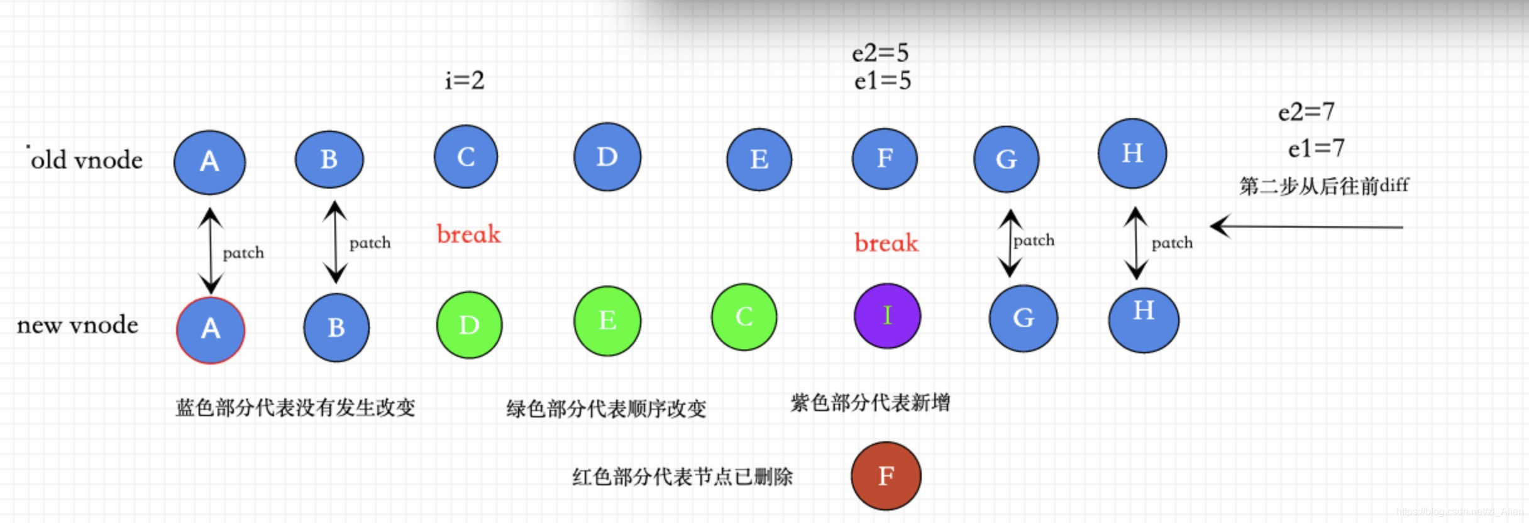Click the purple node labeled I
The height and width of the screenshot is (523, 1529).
pos(887,316)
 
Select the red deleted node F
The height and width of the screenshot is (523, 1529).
pos(886,476)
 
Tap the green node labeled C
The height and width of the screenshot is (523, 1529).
pos(744,317)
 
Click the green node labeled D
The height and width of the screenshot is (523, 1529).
pos(469,325)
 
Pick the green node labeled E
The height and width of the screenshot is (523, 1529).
pos(607,321)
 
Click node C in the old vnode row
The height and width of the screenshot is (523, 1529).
pos(465,157)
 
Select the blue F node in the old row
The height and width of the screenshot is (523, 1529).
pos(884,158)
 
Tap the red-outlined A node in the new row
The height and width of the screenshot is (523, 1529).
pos(211,330)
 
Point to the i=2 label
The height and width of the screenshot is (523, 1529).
pos(465,80)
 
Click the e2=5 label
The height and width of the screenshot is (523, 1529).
pos(880,53)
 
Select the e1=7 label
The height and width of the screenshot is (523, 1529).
pos(1315,148)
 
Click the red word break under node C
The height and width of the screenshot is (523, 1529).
pos(468,234)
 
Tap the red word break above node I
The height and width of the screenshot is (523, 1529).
pos(886,243)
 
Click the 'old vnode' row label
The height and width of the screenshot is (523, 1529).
pos(87,160)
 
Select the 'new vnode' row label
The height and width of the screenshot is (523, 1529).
pos(77,325)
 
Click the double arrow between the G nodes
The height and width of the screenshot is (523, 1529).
pos(1009,243)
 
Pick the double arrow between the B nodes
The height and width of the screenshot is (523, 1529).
pos(336,242)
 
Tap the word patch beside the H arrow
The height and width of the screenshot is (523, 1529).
pos(1172,243)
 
